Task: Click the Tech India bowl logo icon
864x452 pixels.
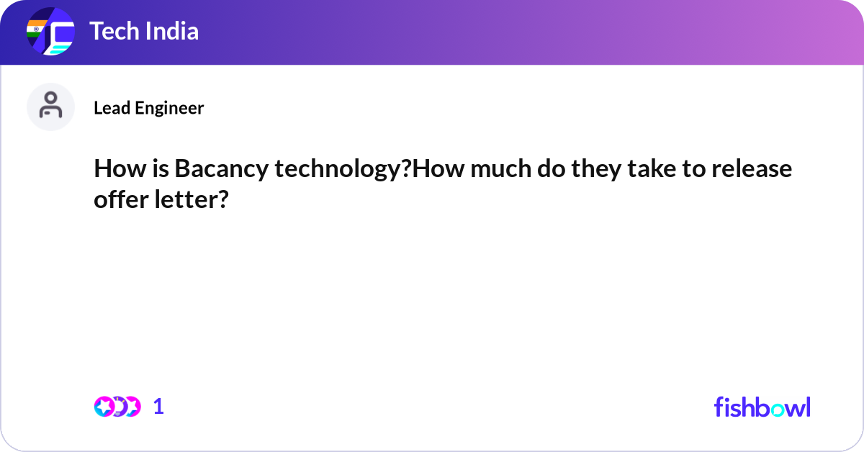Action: pyautogui.click(x=50, y=32)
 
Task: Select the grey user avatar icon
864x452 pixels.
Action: pyautogui.click(x=50, y=107)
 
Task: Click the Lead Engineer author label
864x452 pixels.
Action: pyautogui.click(x=148, y=108)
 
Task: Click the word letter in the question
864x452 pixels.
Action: pyautogui.click(x=189, y=199)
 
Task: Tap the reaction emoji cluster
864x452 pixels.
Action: pyautogui.click(x=117, y=406)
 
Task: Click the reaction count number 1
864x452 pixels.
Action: pyautogui.click(x=158, y=406)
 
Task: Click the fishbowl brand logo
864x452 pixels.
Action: pyautogui.click(x=762, y=407)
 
